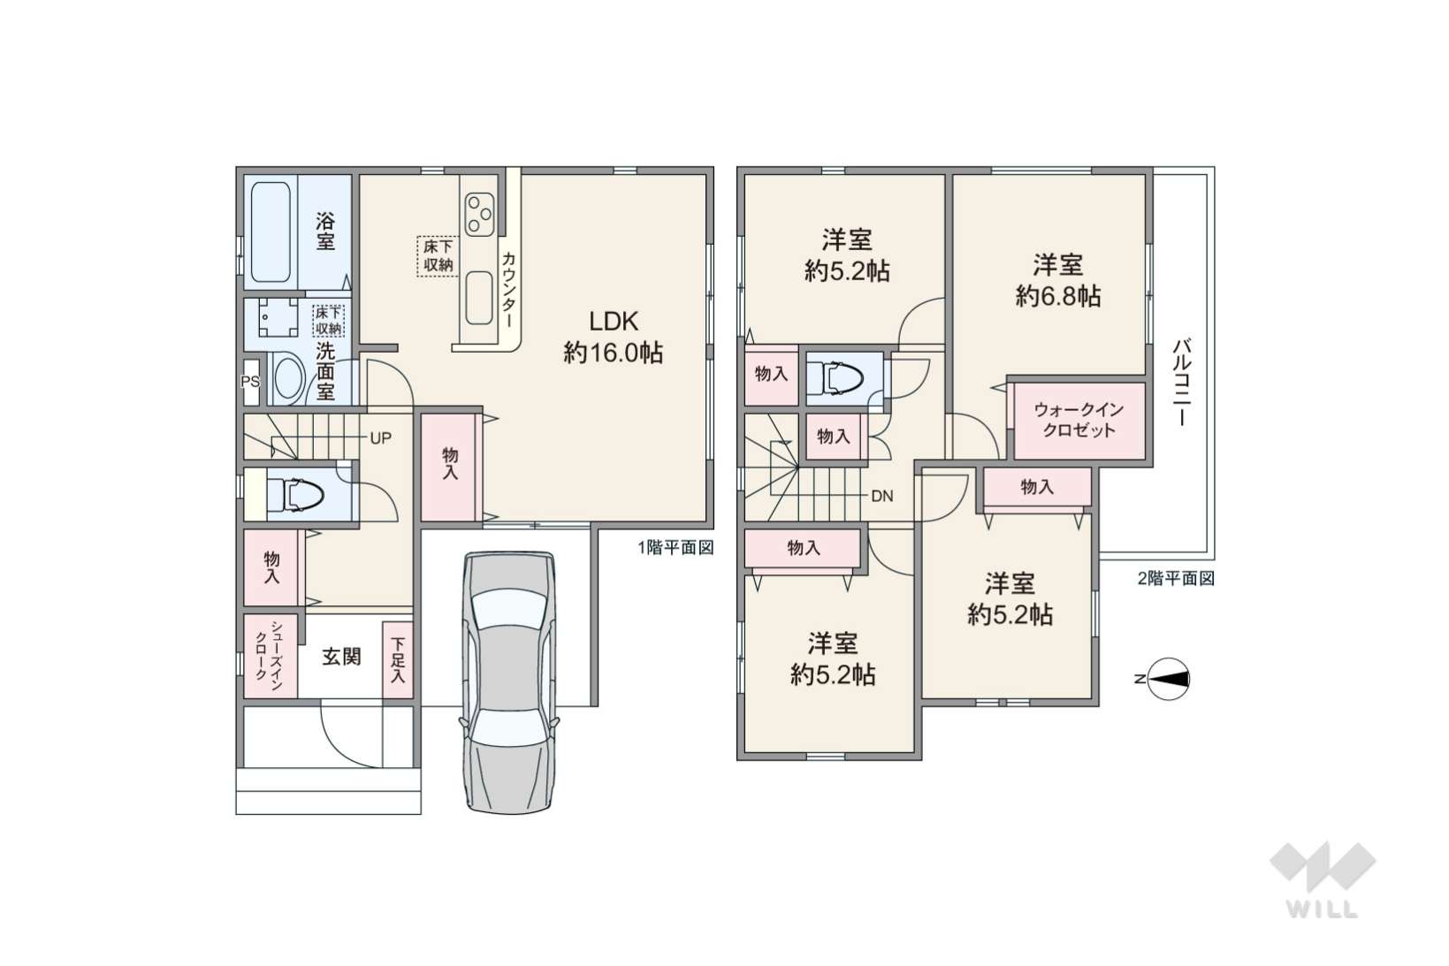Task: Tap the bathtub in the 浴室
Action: pos(271,232)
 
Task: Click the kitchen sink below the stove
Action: pos(478,298)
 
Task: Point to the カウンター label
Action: pos(509,290)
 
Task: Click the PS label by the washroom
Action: pos(250,382)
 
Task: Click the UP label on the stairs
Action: pos(380,438)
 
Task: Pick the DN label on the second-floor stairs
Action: pos(882,496)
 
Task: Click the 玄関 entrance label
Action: pos(341,657)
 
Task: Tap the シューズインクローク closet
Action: pos(271,656)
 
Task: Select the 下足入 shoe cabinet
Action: pos(398,659)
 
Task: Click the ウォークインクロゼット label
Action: pos(1079,420)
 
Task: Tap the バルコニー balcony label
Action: pos(1183,382)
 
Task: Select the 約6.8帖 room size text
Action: pos(1058,296)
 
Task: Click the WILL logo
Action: pos(1323,879)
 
